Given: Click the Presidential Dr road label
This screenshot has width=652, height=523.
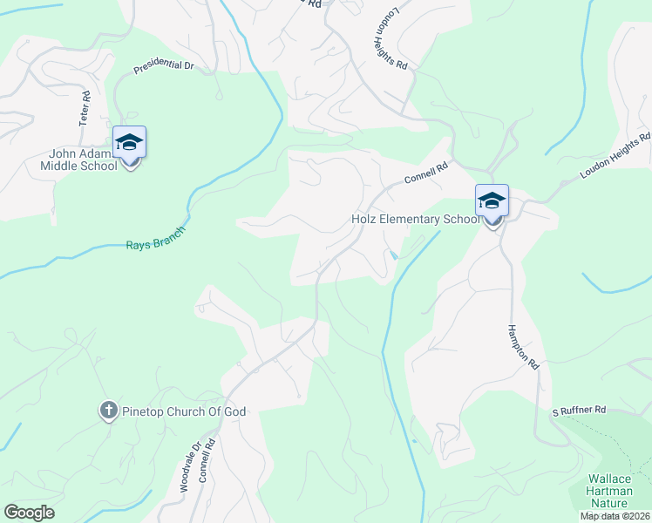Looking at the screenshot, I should (163, 65).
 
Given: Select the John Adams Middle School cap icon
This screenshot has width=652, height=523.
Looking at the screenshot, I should (129, 142).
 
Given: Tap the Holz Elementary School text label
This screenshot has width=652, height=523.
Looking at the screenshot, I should (415, 219).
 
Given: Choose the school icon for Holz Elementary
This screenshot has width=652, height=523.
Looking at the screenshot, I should (492, 200).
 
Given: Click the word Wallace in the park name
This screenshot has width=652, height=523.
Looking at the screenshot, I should (609, 479).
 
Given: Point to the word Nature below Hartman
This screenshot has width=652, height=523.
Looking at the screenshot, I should (609, 505).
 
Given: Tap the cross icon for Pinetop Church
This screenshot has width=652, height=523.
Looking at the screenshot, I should (108, 411).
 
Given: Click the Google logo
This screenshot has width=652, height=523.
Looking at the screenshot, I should (29, 513).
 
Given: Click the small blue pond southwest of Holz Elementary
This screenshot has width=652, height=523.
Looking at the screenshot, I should (395, 255).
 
